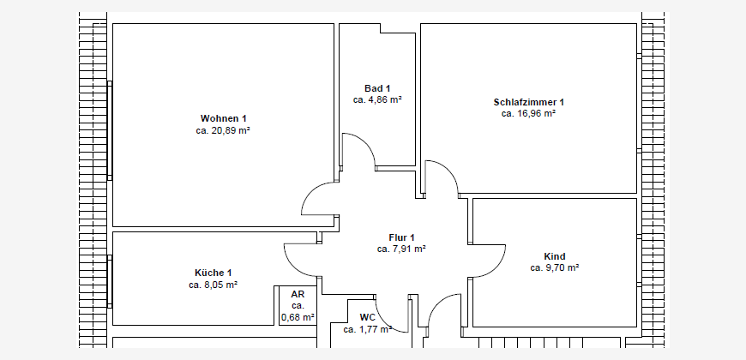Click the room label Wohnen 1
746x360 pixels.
223,118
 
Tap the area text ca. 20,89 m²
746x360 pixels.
223,130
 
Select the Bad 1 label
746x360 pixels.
377,88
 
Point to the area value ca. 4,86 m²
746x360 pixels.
378,100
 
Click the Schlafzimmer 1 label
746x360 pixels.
528,102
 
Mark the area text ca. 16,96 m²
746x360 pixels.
528,114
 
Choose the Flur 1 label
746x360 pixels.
402,237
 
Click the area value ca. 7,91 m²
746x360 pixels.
401,249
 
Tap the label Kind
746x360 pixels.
554,257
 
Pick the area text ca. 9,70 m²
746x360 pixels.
554,268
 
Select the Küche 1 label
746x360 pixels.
214,273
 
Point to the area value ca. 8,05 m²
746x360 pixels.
214,285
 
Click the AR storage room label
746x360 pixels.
298,294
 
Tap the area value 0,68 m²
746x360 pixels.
298,317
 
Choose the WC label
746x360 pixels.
368,317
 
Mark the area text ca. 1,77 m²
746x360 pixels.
368,328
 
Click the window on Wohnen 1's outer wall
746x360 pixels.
110,131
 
